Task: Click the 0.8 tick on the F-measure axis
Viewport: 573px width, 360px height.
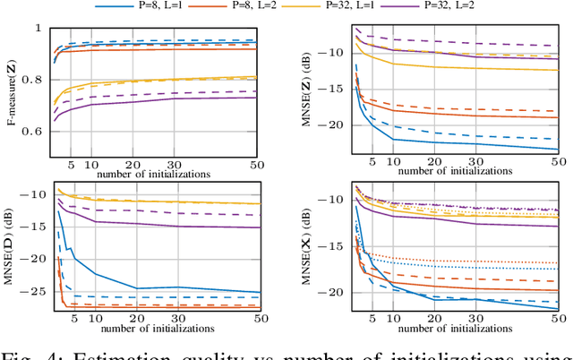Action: (37, 80)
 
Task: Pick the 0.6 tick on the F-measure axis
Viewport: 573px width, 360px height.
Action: (37, 132)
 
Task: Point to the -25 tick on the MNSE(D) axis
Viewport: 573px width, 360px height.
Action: (37, 291)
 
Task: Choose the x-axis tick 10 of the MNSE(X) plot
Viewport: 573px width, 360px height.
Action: (394, 320)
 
